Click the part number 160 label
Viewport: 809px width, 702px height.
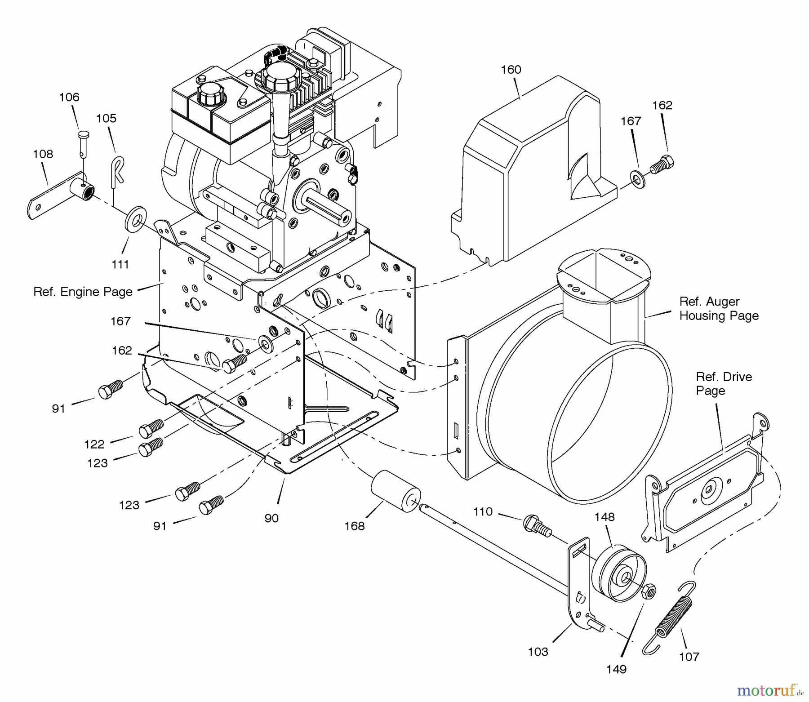(x=511, y=70)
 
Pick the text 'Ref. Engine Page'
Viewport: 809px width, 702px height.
(x=83, y=292)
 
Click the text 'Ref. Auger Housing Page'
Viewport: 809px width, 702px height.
(x=718, y=308)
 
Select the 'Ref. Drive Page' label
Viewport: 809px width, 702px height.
(x=724, y=383)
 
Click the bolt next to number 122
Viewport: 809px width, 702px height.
(x=151, y=429)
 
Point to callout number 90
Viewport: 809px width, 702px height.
(x=271, y=518)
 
